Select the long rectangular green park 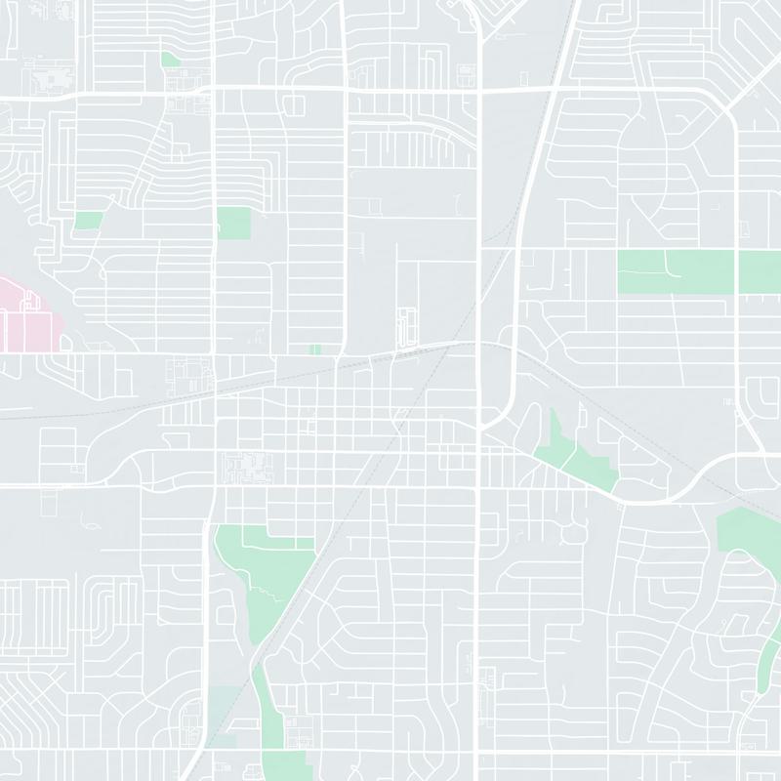(x=698, y=271)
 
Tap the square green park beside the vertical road (x=233, y=224)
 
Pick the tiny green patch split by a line (x=314, y=349)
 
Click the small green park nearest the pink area (x=89, y=221)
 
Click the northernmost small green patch (x=170, y=60)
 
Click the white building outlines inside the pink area (x=15, y=327)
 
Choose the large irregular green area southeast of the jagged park (x=747, y=537)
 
